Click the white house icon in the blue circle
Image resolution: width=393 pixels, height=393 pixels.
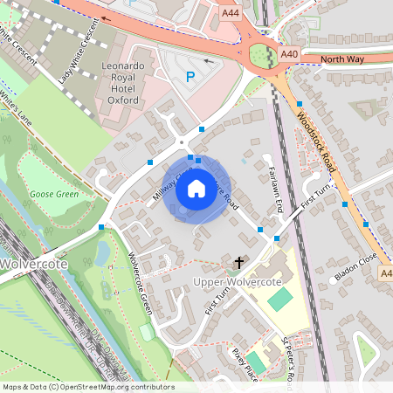click(196, 188)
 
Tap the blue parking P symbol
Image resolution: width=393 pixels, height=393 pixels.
click(190, 77)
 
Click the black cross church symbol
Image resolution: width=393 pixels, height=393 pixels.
click(238, 261)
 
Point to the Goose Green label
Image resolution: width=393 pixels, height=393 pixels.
click(54, 193)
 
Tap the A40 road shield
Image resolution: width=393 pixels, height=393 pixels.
click(291, 55)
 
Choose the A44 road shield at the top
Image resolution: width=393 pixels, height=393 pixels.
click(231, 13)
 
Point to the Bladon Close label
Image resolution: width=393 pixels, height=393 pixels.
click(354, 270)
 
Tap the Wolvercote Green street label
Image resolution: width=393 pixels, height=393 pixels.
click(140, 283)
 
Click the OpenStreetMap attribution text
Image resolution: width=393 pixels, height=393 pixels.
click(87, 386)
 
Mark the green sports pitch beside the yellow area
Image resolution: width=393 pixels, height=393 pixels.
click(279, 299)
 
